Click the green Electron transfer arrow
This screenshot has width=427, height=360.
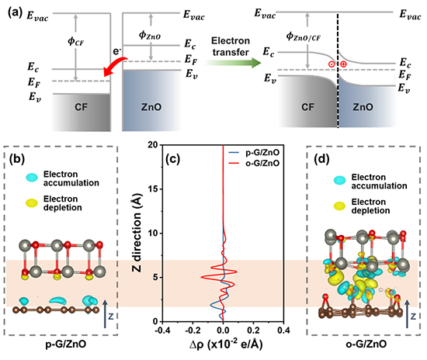pos(234,63)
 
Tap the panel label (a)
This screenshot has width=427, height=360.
pos(15,12)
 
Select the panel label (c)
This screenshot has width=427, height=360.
pos(172,159)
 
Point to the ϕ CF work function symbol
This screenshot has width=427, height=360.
pos(76,42)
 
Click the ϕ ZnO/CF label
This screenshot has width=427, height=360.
pos(303,36)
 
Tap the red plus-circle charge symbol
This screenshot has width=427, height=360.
pos(343,64)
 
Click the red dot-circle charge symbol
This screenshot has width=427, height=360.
pos(332,64)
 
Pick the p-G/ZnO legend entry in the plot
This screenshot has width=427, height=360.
pos(254,153)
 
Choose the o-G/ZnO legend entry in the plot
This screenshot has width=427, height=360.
pos(254,163)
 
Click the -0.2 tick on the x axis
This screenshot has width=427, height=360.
pos(193,330)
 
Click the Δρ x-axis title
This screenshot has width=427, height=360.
pos(226,344)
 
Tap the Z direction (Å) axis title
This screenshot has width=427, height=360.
pos(137,233)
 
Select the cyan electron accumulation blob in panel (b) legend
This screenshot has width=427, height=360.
pos(32,178)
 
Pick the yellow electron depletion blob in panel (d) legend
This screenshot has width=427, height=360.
pos(339,206)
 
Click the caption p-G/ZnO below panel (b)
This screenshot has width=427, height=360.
pos(66,344)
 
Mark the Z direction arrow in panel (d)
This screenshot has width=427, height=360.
pos(408,313)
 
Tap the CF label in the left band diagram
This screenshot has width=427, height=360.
pos(82,107)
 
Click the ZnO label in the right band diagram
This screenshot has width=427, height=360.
pos(363,107)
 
